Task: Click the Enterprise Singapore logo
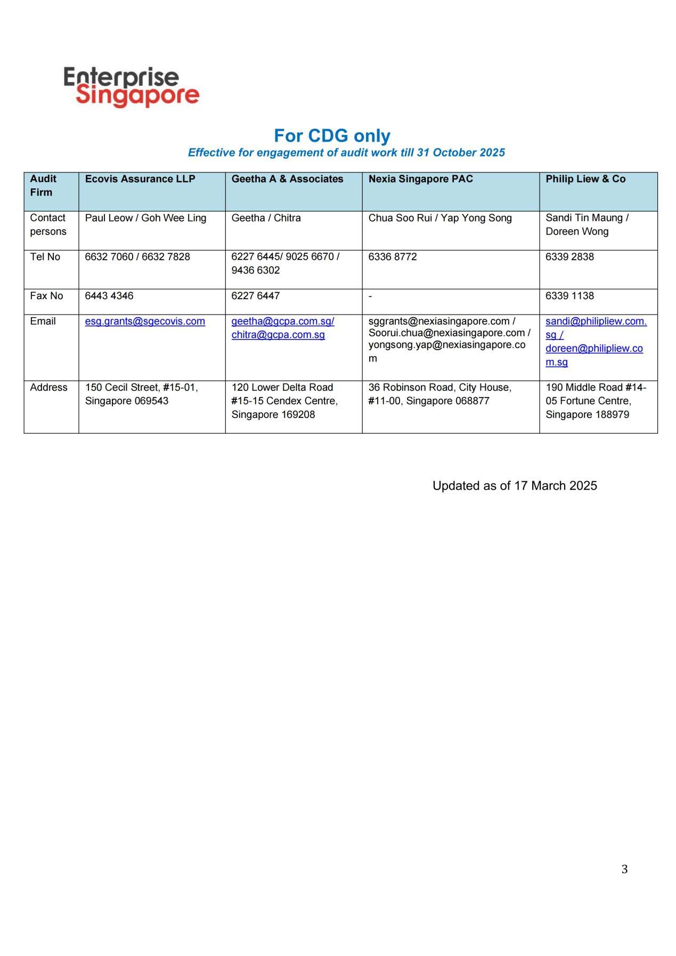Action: click(x=131, y=87)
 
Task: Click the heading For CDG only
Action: click(x=332, y=136)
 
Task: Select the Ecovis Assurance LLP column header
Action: click(x=140, y=179)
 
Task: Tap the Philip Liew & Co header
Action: click(x=585, y=179)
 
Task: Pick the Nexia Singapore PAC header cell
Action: click(x=420, y=179)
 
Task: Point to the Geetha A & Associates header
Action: click(x=287, y=179)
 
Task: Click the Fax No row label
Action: click(x=46, y=296)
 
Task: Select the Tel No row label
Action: click(x=45, y=257)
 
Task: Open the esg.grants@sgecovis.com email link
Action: click(x=145, y=322)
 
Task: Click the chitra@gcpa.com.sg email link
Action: click(x=278, y=335)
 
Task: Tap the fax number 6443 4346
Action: click(x=109, y=296)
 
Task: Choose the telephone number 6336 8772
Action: click(x=393, y=257)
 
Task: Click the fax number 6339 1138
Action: click(x=569, y=296)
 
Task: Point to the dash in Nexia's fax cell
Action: click(x=370, y=296)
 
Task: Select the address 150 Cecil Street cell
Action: click(x=141, y=394)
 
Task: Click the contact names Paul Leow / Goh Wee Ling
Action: click(x=145, y=218)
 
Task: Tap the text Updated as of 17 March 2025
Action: click(x=515, y=486)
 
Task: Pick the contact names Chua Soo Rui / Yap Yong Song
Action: click(x=440, y=218)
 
